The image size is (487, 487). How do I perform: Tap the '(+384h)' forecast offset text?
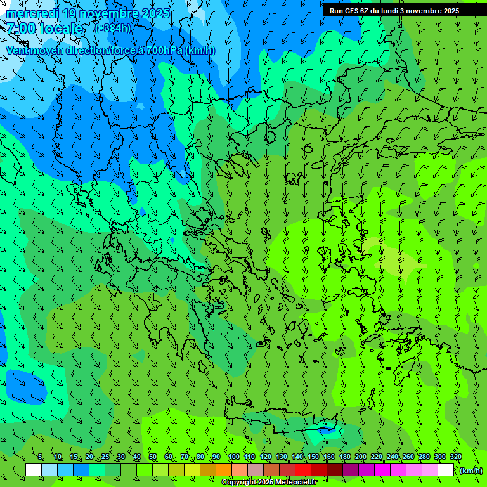pyautogui.click(x=113, y=28)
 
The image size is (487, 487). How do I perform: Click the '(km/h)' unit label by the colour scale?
pyautogui.click(x=471, y=471)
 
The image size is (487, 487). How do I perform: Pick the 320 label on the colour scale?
pyautogui.click(x=455, y=457)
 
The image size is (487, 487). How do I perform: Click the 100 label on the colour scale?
pyautogui.click(x=233, y=457)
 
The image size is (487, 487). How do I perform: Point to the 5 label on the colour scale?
pyautogui.click(x=41, y=457)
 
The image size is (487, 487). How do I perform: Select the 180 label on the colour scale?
pyautogui.click(x=344, y=457)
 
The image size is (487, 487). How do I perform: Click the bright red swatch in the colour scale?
pyautogui.click(x=303, y=470)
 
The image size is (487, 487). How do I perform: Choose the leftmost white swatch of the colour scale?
pyautogui.click(x=34, y=470)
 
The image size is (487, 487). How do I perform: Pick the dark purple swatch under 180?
pyautogui.click(x=351, y=470)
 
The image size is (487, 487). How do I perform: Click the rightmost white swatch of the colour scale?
pyautogui.click(x=446, y=470)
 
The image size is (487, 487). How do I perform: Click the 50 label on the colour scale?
pyautogui.click(x=153, y=457)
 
